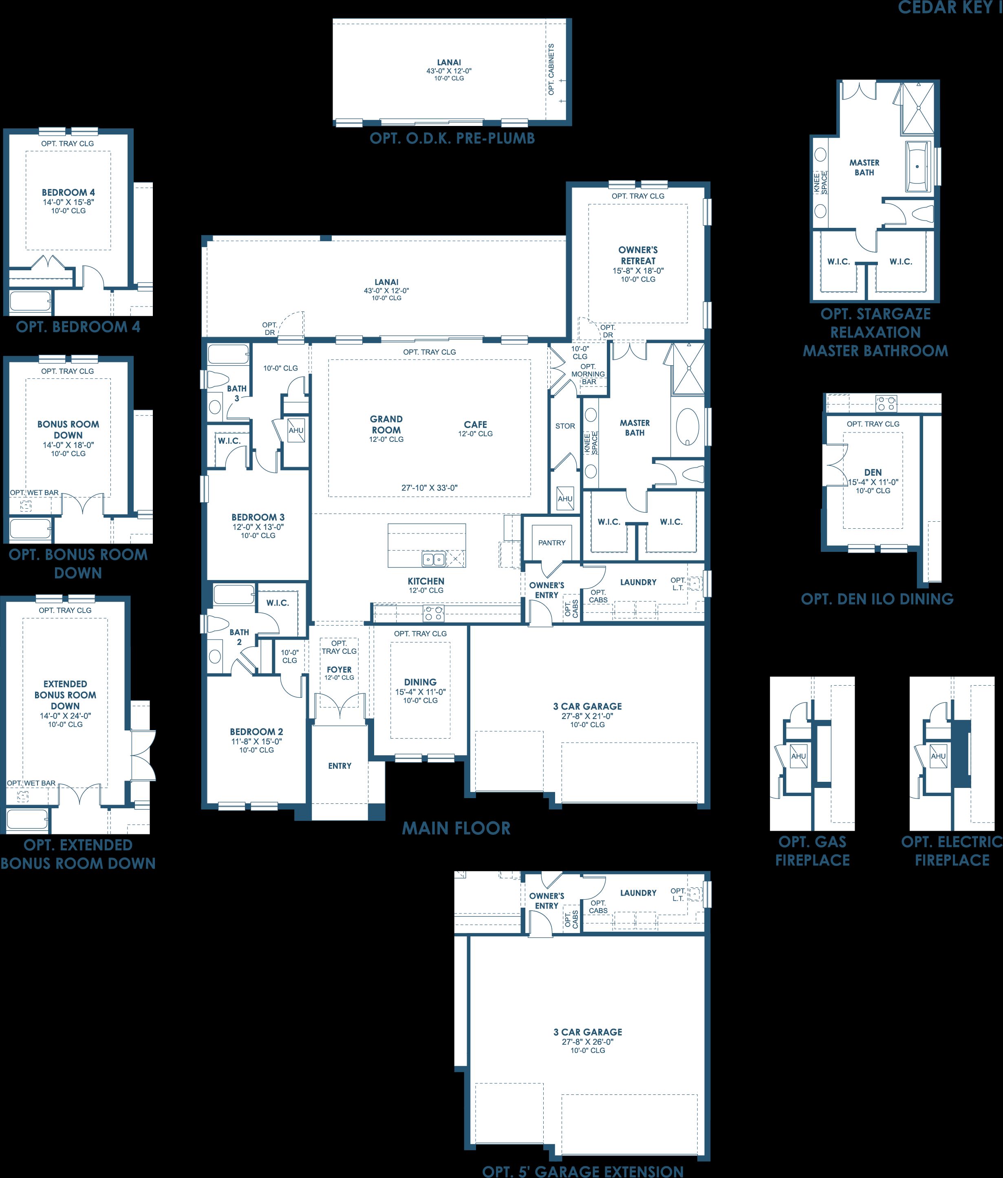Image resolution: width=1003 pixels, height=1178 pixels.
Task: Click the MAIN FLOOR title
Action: coord(456,828)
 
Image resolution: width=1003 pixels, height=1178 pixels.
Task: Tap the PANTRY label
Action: coord(551,543)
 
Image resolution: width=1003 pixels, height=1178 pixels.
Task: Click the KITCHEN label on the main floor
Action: coord(426,581)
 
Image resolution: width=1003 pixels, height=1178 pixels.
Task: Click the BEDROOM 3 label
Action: coord(258,517)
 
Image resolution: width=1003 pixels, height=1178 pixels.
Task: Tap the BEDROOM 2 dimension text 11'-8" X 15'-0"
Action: coord(256,741)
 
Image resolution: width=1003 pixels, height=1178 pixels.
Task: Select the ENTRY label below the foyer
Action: coord(339,766)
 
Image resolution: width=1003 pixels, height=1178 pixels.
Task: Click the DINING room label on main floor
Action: coord(420,682)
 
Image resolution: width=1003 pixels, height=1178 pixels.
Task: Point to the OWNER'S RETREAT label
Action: coord(638,255)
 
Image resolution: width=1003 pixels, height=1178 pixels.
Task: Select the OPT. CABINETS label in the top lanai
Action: coord(551,69)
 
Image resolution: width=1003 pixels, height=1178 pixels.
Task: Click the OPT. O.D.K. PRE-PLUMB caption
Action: coord(452,138)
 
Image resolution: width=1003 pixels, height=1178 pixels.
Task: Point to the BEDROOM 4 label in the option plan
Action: coord(68,192)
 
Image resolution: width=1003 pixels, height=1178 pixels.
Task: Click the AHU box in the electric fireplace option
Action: coord(938,756)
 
